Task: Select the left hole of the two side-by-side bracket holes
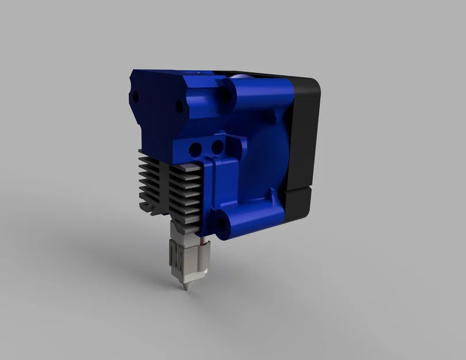[196, 147]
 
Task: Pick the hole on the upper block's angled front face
[180, 107]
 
